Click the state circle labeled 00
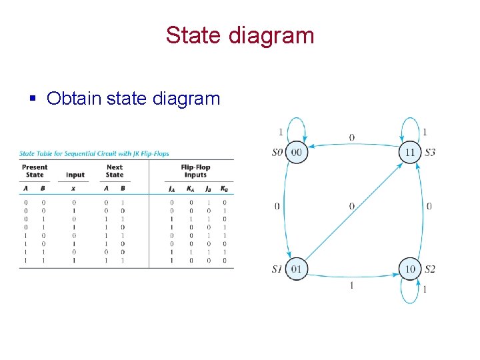pos(297,152)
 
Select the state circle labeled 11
pos(410,152)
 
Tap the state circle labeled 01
pos(297,269)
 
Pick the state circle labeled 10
pos(410,269)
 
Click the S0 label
pos(278,153)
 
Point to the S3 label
pos(429,153)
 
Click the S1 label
pos(278,269)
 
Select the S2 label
pos(429,269)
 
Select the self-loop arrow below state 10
pos(411,295)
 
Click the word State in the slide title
pos(194,35)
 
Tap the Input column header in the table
pos(75,175)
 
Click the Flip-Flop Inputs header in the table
pos(195,171)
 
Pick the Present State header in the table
pos(35,171)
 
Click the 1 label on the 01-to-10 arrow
pos(352,285)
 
